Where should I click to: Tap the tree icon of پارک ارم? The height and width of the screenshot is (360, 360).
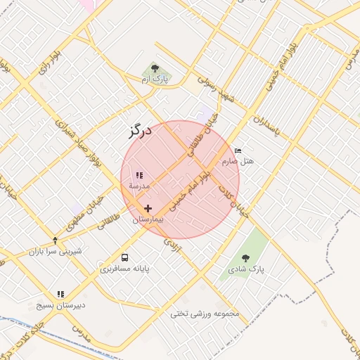(x=155, y=68)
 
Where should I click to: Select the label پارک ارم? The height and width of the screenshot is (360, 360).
(x=156, y=79)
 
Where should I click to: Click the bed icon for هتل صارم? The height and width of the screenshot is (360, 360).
(x=238, y=150)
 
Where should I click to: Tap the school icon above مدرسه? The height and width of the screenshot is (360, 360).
(x=139, y=175)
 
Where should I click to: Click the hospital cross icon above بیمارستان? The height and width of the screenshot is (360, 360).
(x=148, y=209)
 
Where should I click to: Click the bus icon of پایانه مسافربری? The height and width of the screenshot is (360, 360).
(x=124, y=257)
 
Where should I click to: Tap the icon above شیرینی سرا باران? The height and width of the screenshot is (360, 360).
(x=56, y=240)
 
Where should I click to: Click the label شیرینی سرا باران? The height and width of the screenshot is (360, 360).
(x=56, y=251)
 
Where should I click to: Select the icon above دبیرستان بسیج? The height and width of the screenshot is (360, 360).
(x=60, y=294)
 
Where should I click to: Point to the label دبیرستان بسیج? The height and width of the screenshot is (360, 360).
(x=60, y=306)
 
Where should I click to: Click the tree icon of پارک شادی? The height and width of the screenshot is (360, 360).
(x=245, y=258)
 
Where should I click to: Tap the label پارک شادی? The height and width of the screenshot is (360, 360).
(x=245, y=269)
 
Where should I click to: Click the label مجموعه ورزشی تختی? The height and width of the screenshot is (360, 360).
(x=205, y=314)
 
